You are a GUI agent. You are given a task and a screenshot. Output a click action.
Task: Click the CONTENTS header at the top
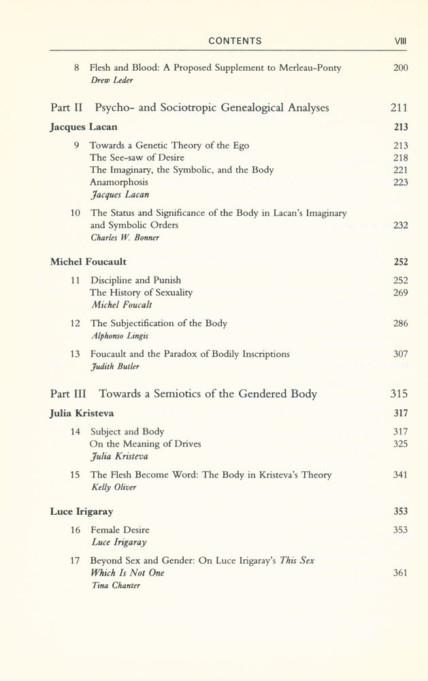pos(235,42)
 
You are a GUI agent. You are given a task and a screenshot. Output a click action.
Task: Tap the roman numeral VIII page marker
pos(401,42)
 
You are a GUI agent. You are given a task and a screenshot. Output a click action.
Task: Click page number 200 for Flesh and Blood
pos(400,68)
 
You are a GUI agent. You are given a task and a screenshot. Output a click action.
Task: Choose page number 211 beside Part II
pos(399,108)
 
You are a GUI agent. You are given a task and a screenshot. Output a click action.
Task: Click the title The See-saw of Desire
pos(137,157)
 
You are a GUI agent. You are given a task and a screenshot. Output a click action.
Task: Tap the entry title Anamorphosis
pos(118,182)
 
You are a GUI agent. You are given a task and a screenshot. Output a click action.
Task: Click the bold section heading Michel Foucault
pos(88,262)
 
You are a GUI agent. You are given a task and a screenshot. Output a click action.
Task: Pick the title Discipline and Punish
pos(135,280)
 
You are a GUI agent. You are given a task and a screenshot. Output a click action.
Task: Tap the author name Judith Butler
pos(114,366)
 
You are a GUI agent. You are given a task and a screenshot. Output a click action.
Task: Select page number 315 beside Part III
pos(399,394)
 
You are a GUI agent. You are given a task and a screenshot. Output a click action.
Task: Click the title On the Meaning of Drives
pos(145,443)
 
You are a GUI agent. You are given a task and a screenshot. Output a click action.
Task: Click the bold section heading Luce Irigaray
pos(82,511)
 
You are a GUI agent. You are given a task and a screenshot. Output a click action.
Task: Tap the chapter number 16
pos(76,530)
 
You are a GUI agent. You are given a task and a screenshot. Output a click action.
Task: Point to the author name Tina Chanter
pos(115,585)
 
